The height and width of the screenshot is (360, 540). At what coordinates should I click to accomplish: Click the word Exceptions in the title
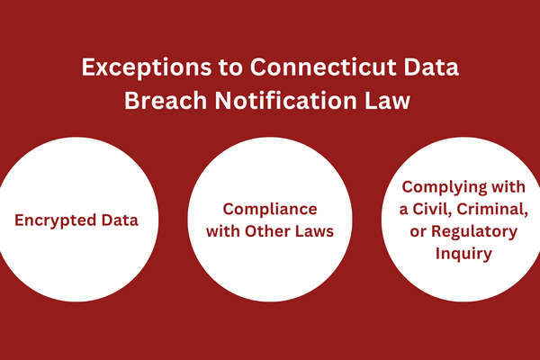[147, 68]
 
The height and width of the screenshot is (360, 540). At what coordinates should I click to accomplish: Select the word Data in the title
[431, 67]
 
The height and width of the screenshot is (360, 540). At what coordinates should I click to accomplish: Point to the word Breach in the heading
[166, 101]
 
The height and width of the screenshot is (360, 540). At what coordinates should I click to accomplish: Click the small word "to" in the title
[230, 67]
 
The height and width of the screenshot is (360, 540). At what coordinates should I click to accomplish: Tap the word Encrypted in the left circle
[55, 220]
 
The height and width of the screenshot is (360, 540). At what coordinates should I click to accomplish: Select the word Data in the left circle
[120, 220]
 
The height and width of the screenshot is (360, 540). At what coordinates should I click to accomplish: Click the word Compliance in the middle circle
[270, 210]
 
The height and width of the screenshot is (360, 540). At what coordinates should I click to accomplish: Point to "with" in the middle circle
[223, 231]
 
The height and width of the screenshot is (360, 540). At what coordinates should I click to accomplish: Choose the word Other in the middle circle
[265, 231]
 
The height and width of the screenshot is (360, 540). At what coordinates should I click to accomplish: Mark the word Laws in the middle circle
[312, 231]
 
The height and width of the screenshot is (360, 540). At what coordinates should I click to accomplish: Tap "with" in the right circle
[508, 187]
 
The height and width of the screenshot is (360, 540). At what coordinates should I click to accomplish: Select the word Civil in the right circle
[433, 209]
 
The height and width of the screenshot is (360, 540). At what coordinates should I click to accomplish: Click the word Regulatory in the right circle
[474, 232]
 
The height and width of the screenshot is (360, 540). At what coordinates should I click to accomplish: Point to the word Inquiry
[463, 254]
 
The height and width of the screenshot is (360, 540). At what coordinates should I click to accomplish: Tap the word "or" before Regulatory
[418, 232]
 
